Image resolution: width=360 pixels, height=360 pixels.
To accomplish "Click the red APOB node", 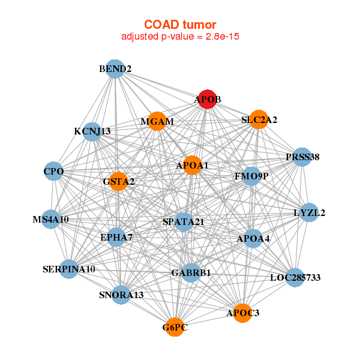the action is coord(208,99).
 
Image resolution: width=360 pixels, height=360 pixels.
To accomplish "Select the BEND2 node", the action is coord(115,69).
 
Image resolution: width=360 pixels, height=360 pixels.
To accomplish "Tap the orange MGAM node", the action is coord(157,121).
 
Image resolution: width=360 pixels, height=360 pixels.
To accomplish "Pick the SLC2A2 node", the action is coord(259,119).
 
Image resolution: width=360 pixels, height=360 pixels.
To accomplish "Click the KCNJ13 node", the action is coord(92,132).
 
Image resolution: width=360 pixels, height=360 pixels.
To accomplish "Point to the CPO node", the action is coord(53,171).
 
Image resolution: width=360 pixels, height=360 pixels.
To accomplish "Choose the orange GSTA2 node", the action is coord(118,181).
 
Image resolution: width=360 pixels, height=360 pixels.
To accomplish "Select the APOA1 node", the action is coord(193,165).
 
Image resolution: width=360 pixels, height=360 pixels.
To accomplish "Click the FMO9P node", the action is coord(251,176).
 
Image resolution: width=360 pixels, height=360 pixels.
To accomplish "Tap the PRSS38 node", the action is coord(302,157).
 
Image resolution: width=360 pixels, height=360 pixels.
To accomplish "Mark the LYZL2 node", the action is coord(309,212).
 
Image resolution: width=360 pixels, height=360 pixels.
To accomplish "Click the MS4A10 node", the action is coord(51,219).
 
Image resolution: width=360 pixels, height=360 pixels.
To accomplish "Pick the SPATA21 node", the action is coord(184,222).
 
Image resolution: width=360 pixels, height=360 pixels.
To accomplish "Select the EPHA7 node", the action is coord(116,237).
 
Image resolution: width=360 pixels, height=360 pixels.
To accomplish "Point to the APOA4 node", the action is coord(253,239).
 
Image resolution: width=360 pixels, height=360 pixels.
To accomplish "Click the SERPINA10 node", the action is coord(69,269).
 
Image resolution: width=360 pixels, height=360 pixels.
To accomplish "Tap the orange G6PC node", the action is coord(175,327).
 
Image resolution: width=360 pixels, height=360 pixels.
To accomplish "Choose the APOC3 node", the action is coord(242,313).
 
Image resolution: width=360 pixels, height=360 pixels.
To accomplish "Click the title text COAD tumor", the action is coord(180,25).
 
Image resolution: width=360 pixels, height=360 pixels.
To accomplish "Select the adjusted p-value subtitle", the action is coord(180,37).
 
